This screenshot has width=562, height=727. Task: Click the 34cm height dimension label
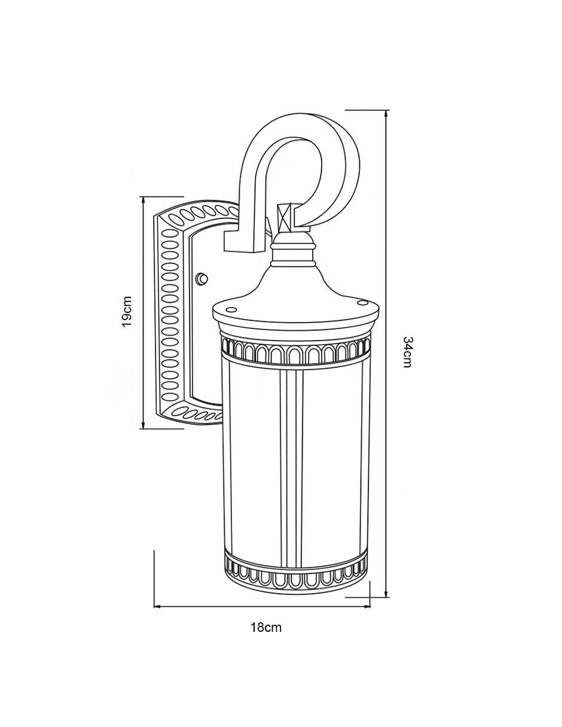tap(408, 352)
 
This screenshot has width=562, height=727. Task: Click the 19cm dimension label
tap(127, 312)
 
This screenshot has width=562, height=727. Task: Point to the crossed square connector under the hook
tap(286, 217)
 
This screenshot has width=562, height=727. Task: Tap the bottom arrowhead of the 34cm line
tap(386, 593)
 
